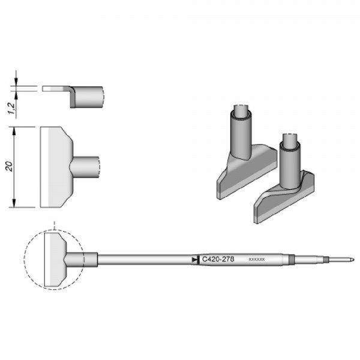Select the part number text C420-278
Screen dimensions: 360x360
click(x=218, y=259)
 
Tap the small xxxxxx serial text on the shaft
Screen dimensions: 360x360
click(x=256, y=260)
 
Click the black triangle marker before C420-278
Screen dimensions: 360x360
click(x=194, y=259)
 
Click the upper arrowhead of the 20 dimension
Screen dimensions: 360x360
click(x=15, y=129)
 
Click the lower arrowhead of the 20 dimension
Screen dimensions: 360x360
click(x=15, y=204)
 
